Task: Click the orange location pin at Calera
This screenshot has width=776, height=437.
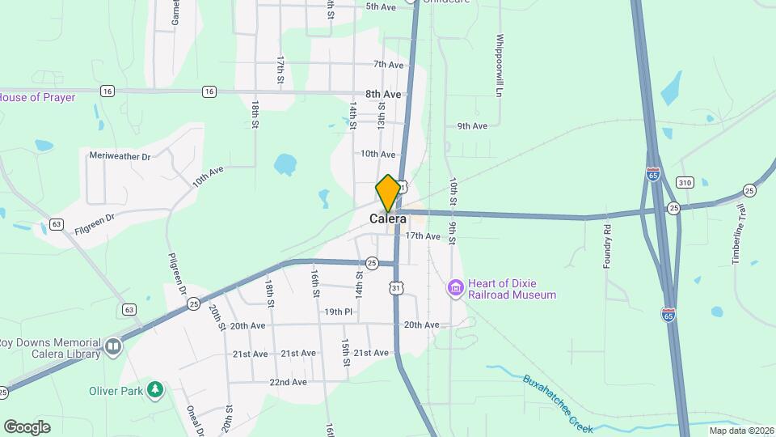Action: pos(388,193)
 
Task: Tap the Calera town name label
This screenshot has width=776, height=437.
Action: pos(388,218)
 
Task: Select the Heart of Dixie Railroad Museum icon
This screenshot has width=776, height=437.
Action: pos(456,287)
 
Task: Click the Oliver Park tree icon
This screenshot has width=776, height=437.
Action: pos(155,391)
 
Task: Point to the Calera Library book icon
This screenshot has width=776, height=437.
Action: pos(113,347)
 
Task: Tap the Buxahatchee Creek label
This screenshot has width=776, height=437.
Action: pos(558,401)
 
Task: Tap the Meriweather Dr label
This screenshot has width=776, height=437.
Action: pos(120,155)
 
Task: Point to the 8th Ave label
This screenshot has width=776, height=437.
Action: pos(383,94)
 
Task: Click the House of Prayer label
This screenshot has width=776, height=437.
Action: pos(37,97)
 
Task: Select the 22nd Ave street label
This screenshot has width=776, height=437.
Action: pos(289,382)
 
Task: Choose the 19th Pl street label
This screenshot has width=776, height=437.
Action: pos(339,312)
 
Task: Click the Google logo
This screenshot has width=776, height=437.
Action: pos(27,426)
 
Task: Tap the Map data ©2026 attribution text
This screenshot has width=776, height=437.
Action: pos(740,431)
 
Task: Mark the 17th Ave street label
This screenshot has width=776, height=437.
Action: pos(423,236)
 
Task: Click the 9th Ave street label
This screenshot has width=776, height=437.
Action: pos(472,126)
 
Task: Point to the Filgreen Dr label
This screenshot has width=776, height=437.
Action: pos(95,217)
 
